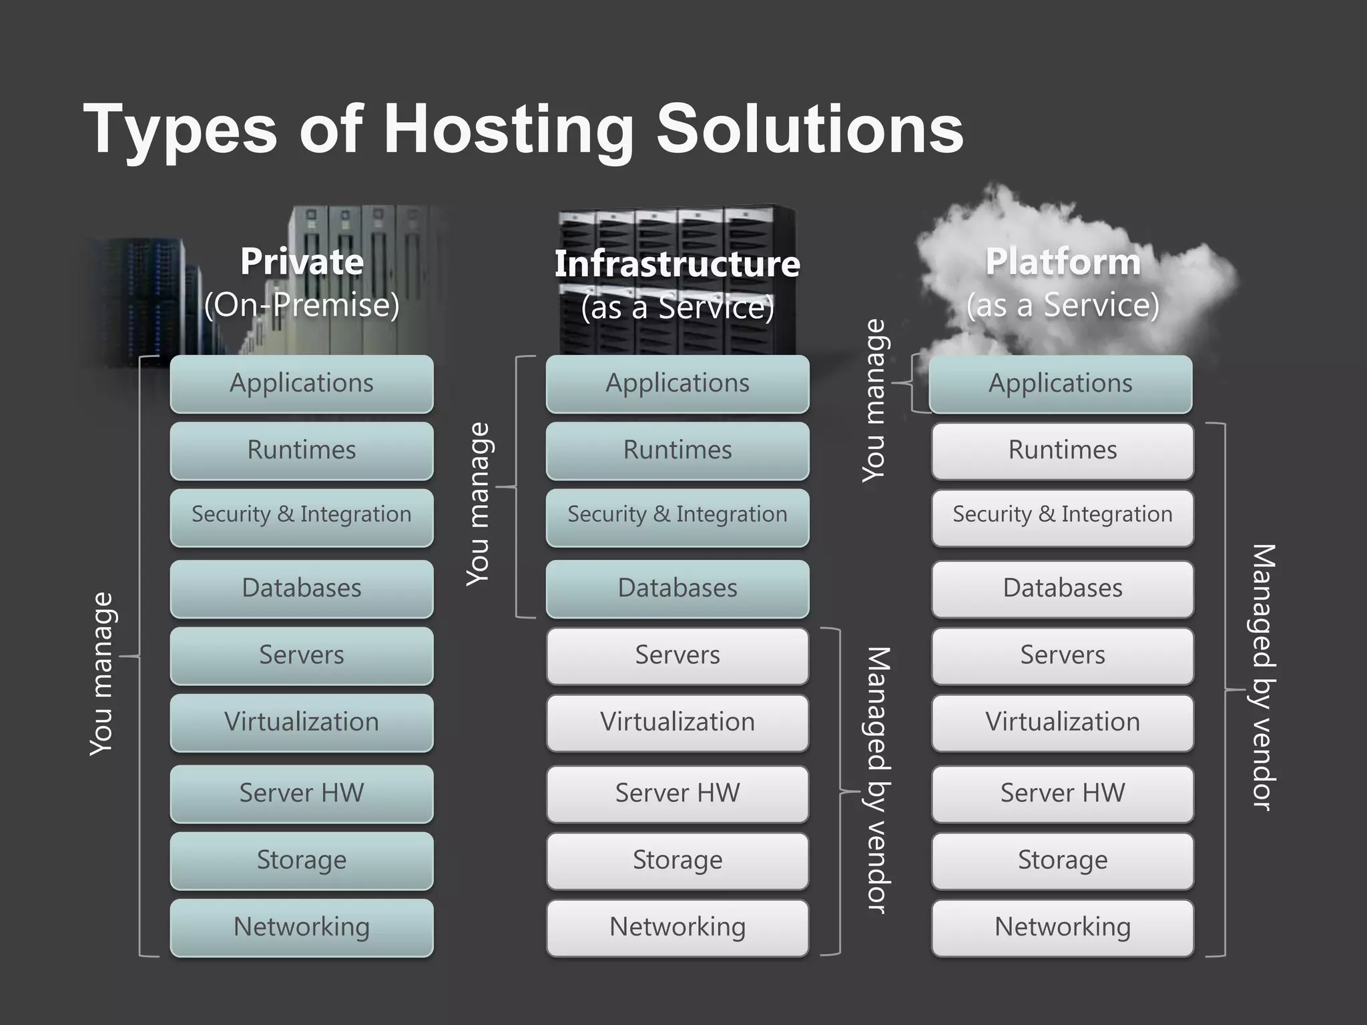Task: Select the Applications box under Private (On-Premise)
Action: [302, 384]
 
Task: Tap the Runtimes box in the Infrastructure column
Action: [677, 450]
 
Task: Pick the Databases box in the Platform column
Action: [1063, 589]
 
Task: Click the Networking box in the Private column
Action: [302, 927]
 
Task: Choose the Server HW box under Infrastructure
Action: [677, 793]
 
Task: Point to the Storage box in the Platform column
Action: [1063, 860]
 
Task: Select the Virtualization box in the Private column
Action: [302, 722]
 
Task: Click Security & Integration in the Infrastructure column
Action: [677, 515]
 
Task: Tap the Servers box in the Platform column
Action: [1063, 655]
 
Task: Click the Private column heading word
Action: [302, 262]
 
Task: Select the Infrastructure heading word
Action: [677, 264]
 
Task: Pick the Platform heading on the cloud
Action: [1063, 262]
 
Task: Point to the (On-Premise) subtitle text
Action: [302, 306]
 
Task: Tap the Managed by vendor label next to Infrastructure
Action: [878, 779]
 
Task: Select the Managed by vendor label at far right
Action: [1263, 677]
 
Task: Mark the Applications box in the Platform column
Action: [1061, 384]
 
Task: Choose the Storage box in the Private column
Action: [302, 860]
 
